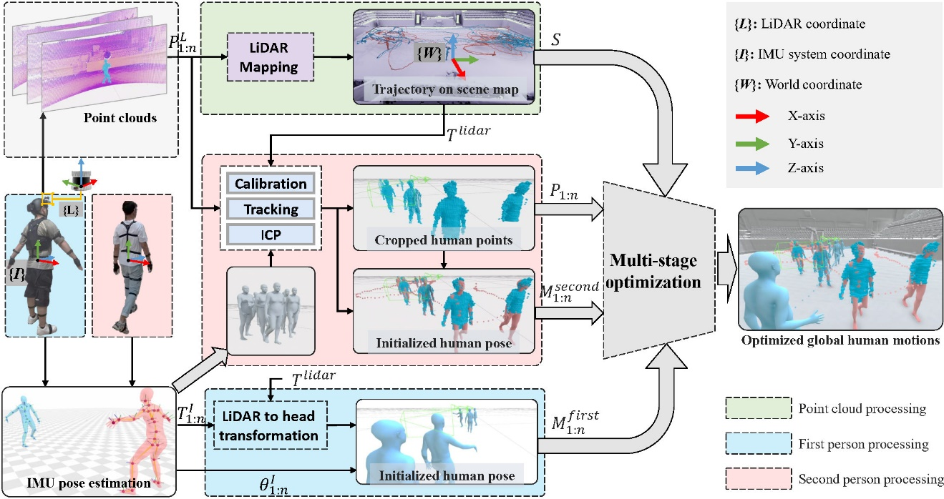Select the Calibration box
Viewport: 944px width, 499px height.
(x=271, y=184)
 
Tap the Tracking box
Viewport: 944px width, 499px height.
(x=271, y=209)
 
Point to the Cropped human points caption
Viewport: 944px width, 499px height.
(x=444, y=240)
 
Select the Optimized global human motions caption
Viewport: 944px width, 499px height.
(x=840, y=340)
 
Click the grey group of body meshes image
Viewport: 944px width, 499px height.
(x=271, y=311)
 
